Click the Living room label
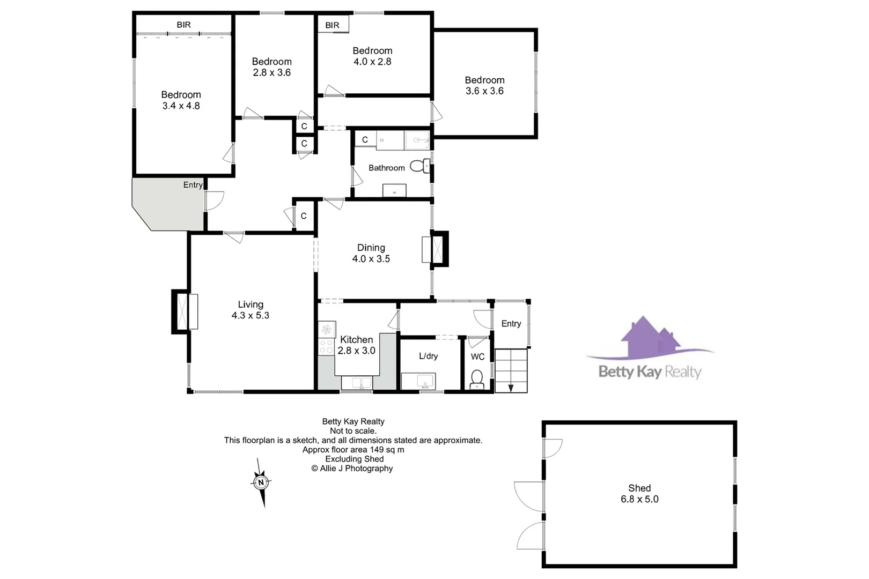251,310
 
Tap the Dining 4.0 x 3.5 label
371,253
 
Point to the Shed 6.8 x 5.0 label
639,493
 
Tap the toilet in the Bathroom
419,166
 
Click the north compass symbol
261,482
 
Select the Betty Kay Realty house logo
650,340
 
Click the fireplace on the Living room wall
185,311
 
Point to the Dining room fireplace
436,249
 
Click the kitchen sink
357,383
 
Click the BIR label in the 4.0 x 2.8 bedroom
332,25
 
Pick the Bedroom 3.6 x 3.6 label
484,85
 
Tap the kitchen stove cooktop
326,346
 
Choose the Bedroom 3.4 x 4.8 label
181,100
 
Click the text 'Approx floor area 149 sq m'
353,450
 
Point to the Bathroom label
386,168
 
